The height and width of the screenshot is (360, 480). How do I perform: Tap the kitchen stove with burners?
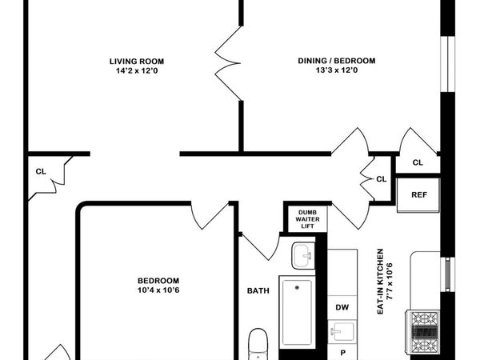[425, 328]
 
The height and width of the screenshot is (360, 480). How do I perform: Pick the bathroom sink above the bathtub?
[303, 257]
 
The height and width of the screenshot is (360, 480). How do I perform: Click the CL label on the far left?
[40, 171]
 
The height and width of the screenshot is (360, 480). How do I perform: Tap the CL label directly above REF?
[417, 162]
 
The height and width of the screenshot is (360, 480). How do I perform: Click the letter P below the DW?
[343, 352]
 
